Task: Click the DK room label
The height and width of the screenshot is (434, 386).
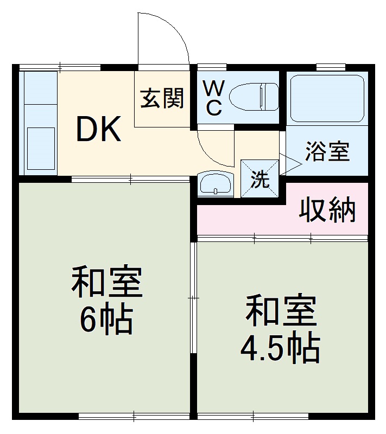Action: point(98,130)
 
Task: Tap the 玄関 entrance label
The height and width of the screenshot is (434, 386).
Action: point(163,98)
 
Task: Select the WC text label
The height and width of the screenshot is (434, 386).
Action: point(214,98)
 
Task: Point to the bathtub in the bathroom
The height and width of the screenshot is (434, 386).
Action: point(327,98)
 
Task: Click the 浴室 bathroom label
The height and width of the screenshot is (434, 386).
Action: point(326,151)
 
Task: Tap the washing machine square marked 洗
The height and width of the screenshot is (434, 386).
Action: point(260,178)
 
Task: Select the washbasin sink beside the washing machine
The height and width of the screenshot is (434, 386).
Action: point(215,183)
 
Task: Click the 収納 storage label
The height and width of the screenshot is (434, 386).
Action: point(327,210)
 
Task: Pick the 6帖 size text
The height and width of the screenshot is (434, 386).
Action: point(106,320)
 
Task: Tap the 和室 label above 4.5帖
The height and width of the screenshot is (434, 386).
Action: point(280,311)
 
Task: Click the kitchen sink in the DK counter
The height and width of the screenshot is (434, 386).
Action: point(40,144)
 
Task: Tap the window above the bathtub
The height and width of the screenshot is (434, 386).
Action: point(331,67)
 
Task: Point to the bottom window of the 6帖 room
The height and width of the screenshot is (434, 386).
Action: point(134,417)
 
